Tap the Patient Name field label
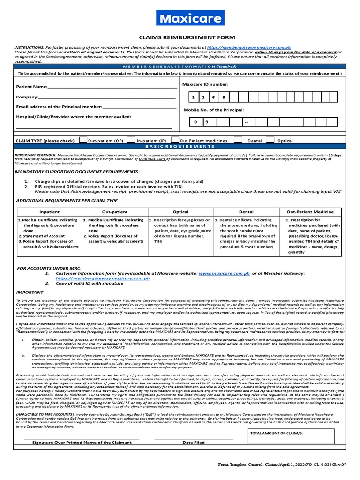[x=32, y=87]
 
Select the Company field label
[x=27, y=97]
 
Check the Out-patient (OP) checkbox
[x=83, y=140]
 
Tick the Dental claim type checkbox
[x=238, y=140]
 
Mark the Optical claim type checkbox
[x=270, y=140]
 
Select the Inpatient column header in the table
[x=49, y=212]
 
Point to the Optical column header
[x=180, y=212]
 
